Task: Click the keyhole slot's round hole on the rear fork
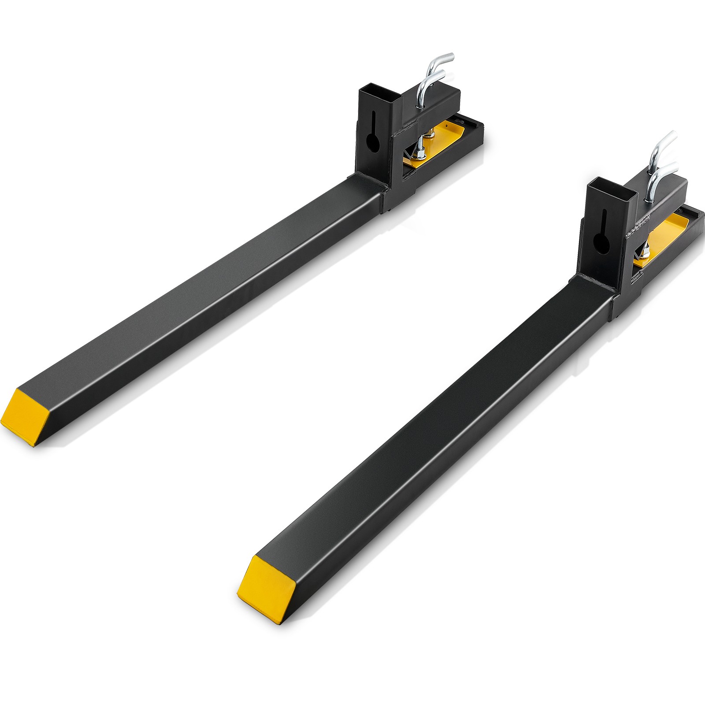pos(373,144)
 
